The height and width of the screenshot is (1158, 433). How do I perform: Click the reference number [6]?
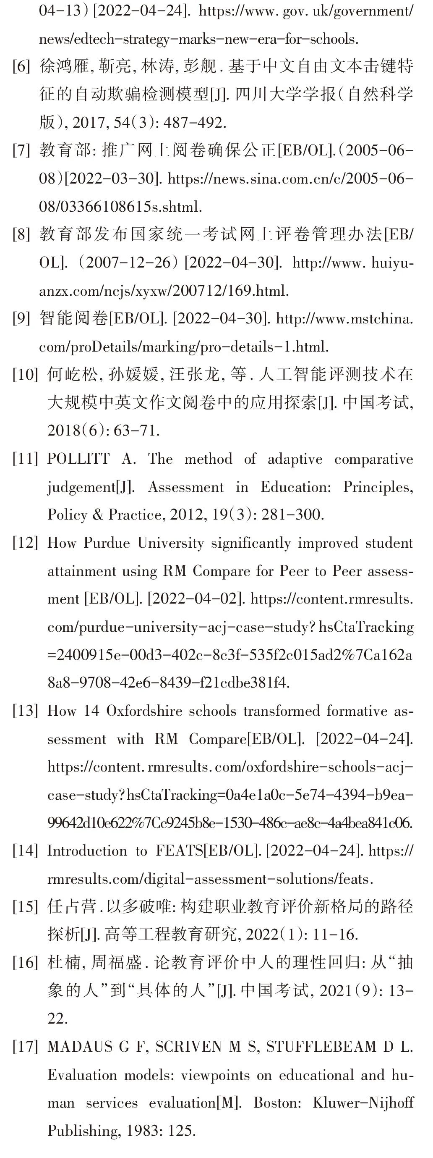point(21,67)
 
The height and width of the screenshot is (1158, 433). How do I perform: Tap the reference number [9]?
point(21,319)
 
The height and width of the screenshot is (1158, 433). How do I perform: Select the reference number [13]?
point(25,711)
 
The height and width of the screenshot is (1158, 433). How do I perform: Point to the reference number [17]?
point(25,1047)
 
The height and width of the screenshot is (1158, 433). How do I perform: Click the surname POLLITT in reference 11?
point(78,459)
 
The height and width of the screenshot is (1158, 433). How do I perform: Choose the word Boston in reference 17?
point(271,1103)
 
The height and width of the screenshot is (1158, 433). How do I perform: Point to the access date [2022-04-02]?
point(196,599)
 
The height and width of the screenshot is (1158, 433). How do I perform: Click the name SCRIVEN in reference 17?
point(189,1047)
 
